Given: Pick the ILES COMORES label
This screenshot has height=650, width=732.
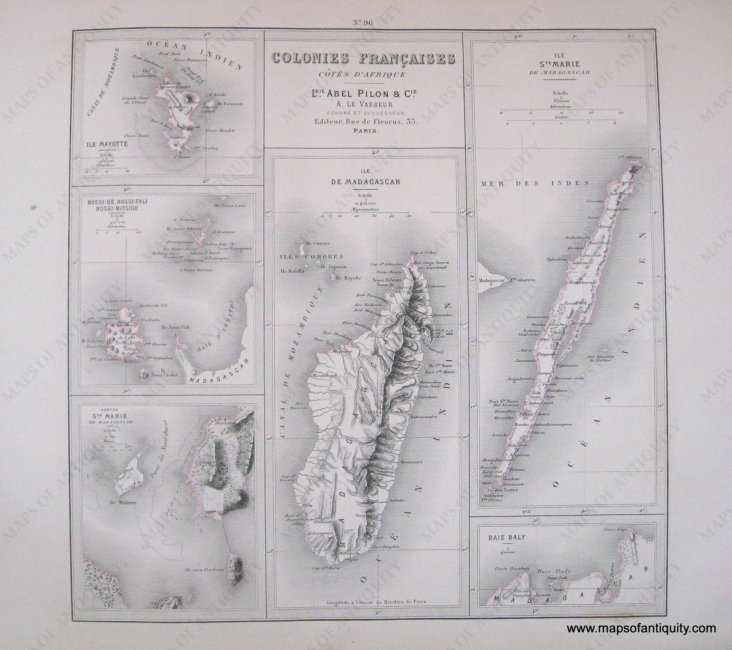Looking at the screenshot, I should point(312,257).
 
